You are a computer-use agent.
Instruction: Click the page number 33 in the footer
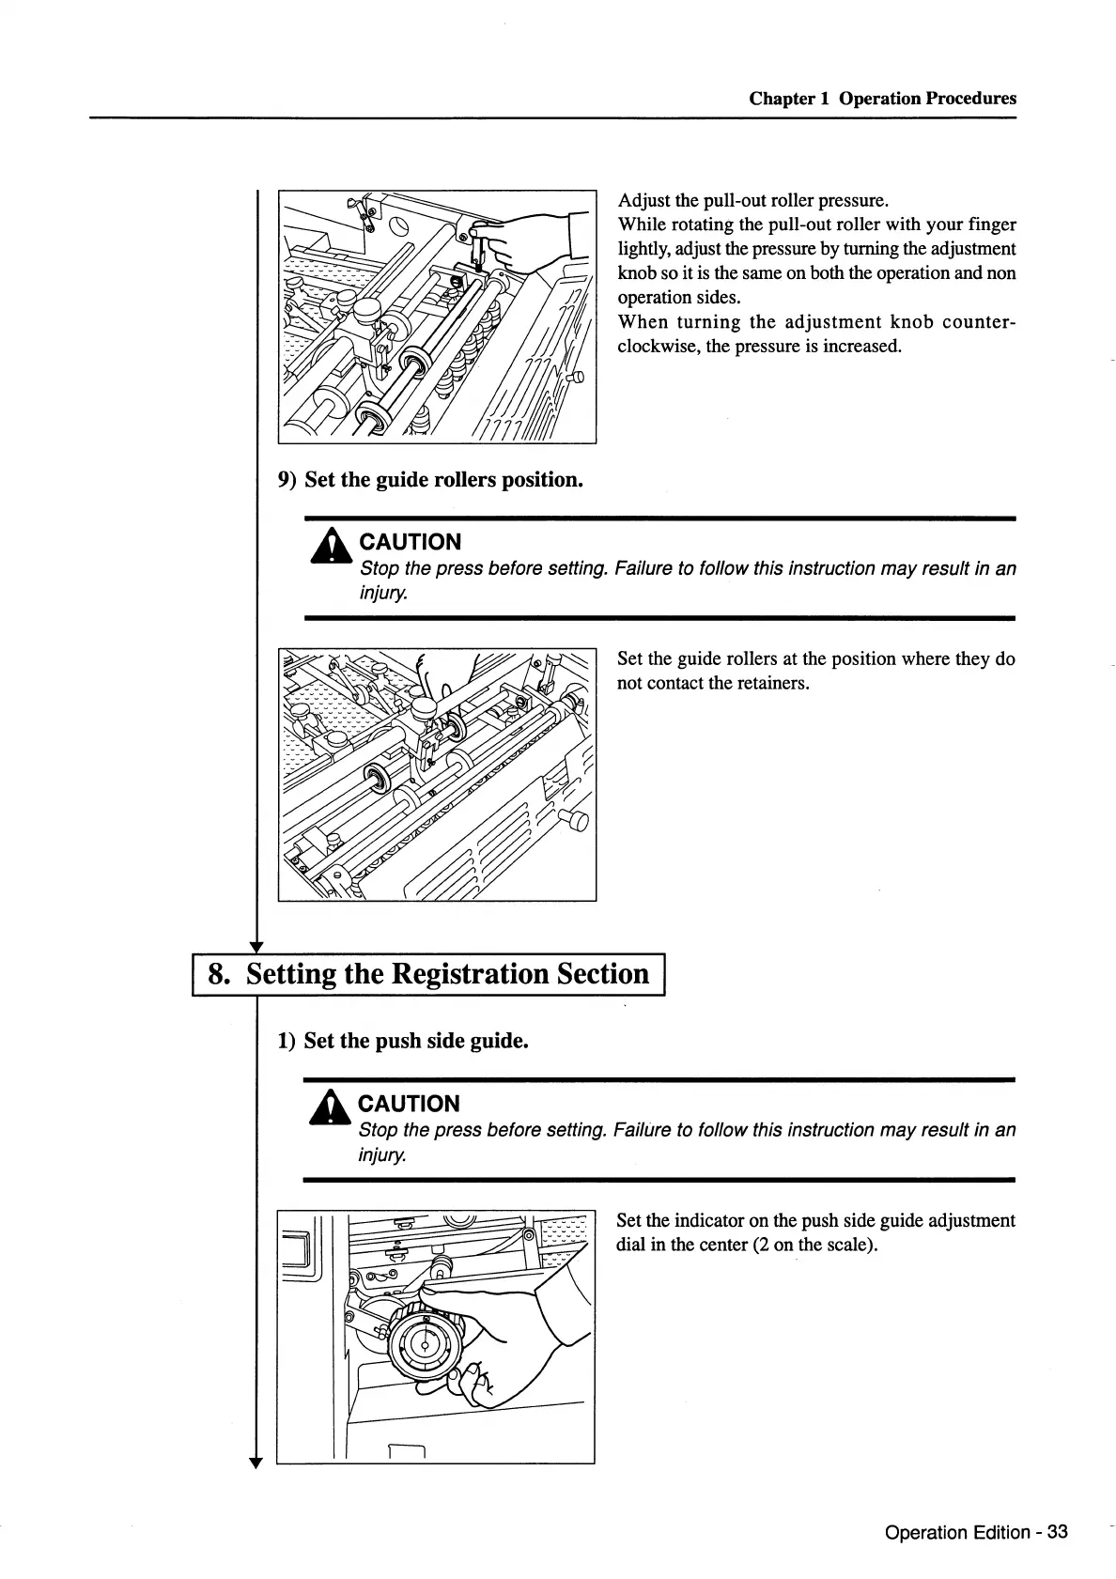click(x=1057, y=1532)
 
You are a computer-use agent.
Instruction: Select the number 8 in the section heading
click(x=217, y=973)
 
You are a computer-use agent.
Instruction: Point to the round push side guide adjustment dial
click(x=426, y=1344)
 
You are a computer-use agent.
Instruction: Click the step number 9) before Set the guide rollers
click(x=287, y=480)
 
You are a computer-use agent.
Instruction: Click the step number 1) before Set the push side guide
click(x=287, y=1041)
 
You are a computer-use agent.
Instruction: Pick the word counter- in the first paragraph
click(x=979, y=322)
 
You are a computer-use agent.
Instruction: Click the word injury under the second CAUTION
click(x=382, y=1154)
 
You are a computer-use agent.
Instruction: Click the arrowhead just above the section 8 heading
click(x=256, y=945)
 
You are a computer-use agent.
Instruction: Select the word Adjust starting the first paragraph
click(x=643, y=200)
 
